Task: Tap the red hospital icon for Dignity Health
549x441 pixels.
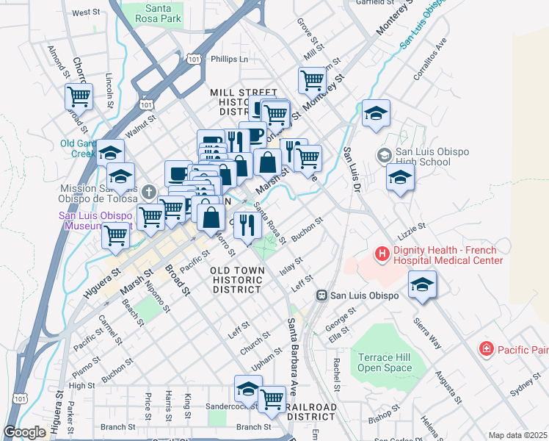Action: (x=382, y=254)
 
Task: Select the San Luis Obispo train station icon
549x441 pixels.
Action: (x=321, y=295)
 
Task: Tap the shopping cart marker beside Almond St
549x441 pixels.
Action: (x=79, y=96)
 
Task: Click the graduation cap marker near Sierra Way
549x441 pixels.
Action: (x=422, y=285)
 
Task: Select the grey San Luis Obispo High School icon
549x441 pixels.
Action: (x=382, y=155)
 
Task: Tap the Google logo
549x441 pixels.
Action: (x=25, y=432)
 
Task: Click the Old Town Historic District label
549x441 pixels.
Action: (x=236, y=280)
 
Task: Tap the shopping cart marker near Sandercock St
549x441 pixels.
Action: (x=272, y=399)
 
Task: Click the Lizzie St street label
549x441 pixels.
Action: (x=411, y=230)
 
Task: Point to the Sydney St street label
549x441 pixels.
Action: (x=525, y=386)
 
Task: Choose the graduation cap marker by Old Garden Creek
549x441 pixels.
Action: (x=110, y=152)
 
